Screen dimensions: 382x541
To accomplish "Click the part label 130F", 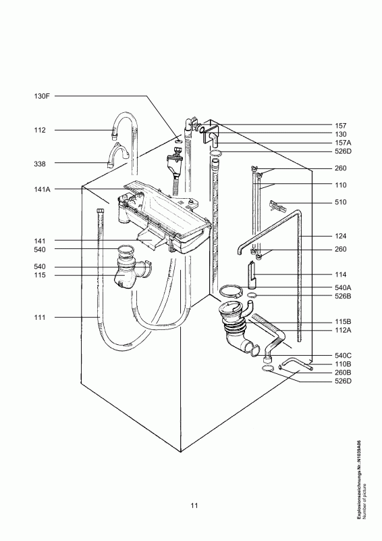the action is pyautogui.click(x=42, y=96).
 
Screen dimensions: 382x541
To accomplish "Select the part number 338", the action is pyautogui.click(x=40, y=164).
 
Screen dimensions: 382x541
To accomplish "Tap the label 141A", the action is pyautogui.click(x=42, y=189).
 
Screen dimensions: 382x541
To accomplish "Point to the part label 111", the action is pyautogui.click(x=40, y=317).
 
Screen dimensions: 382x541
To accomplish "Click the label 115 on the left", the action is pyautogui.click(x=40, y=275).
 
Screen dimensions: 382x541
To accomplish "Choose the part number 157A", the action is pyautogui.click(x=343, y=143).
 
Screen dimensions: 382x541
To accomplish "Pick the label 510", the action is pyautogui.click(x=341, y=202).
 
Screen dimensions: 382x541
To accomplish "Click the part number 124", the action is pyautogui.click(x=341, y=236).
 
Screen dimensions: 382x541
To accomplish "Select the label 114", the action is pyautogui.click(x=341, y=275).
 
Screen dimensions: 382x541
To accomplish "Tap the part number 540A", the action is pyautogui.click(x=343, y=287).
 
